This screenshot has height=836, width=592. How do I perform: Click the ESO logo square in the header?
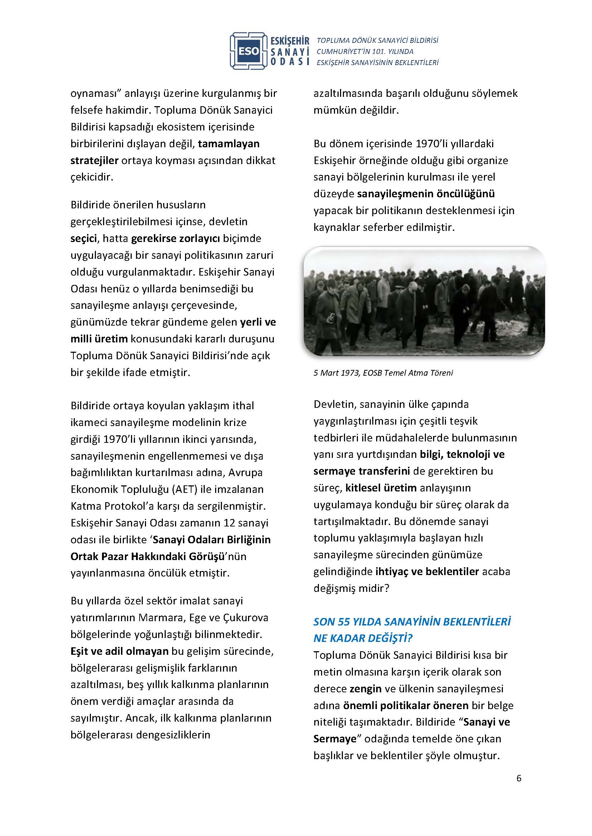[x=249, y=51]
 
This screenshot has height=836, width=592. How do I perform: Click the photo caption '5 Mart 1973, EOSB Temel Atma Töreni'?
[x=383, y=373]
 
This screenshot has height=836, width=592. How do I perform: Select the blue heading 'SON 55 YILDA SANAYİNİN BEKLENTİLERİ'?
[x=412, y=622]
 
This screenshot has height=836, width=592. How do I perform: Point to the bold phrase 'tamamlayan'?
[x=229, y=143]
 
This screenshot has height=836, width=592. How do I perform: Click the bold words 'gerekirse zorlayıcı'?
[x=175, y=238]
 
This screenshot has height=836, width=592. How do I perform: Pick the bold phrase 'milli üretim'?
[x=99, y=339]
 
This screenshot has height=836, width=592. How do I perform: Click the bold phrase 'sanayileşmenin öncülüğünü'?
[x=426, y=194]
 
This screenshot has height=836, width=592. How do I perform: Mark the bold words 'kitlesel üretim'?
[x=381, y=488]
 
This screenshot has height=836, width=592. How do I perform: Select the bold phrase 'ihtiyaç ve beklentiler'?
[x=427, y=572]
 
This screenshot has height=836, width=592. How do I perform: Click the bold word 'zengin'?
[x=366, y=689]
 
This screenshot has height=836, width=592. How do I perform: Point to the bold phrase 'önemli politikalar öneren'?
[x=406, y=706]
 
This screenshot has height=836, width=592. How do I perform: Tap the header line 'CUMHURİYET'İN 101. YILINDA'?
[x=365, y=51]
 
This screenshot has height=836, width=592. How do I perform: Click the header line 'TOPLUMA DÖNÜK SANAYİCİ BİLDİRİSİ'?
[x=377, y=40]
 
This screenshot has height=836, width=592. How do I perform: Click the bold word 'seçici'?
[x=84, y=238]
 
